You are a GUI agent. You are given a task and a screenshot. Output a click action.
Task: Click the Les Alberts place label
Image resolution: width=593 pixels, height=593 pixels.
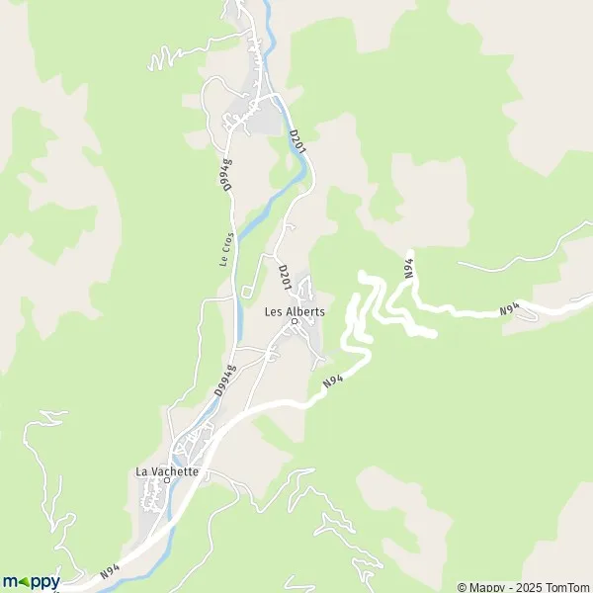tap(295, 310)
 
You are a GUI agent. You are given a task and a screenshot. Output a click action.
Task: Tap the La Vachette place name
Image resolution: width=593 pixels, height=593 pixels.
tap(167, 471)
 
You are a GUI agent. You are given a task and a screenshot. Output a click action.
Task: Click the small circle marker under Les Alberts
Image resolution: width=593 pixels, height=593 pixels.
tap(294, 321)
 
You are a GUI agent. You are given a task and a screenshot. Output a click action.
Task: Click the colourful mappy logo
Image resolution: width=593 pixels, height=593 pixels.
tap(31, 582)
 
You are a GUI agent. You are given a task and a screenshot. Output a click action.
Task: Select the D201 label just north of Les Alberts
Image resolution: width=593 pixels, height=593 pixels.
tap(284, 276)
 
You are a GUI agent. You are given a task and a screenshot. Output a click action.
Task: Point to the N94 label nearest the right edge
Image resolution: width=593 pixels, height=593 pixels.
tap(509, 309)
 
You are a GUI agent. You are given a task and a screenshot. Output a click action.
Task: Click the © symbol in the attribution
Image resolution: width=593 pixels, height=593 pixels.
tap(462, 585)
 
